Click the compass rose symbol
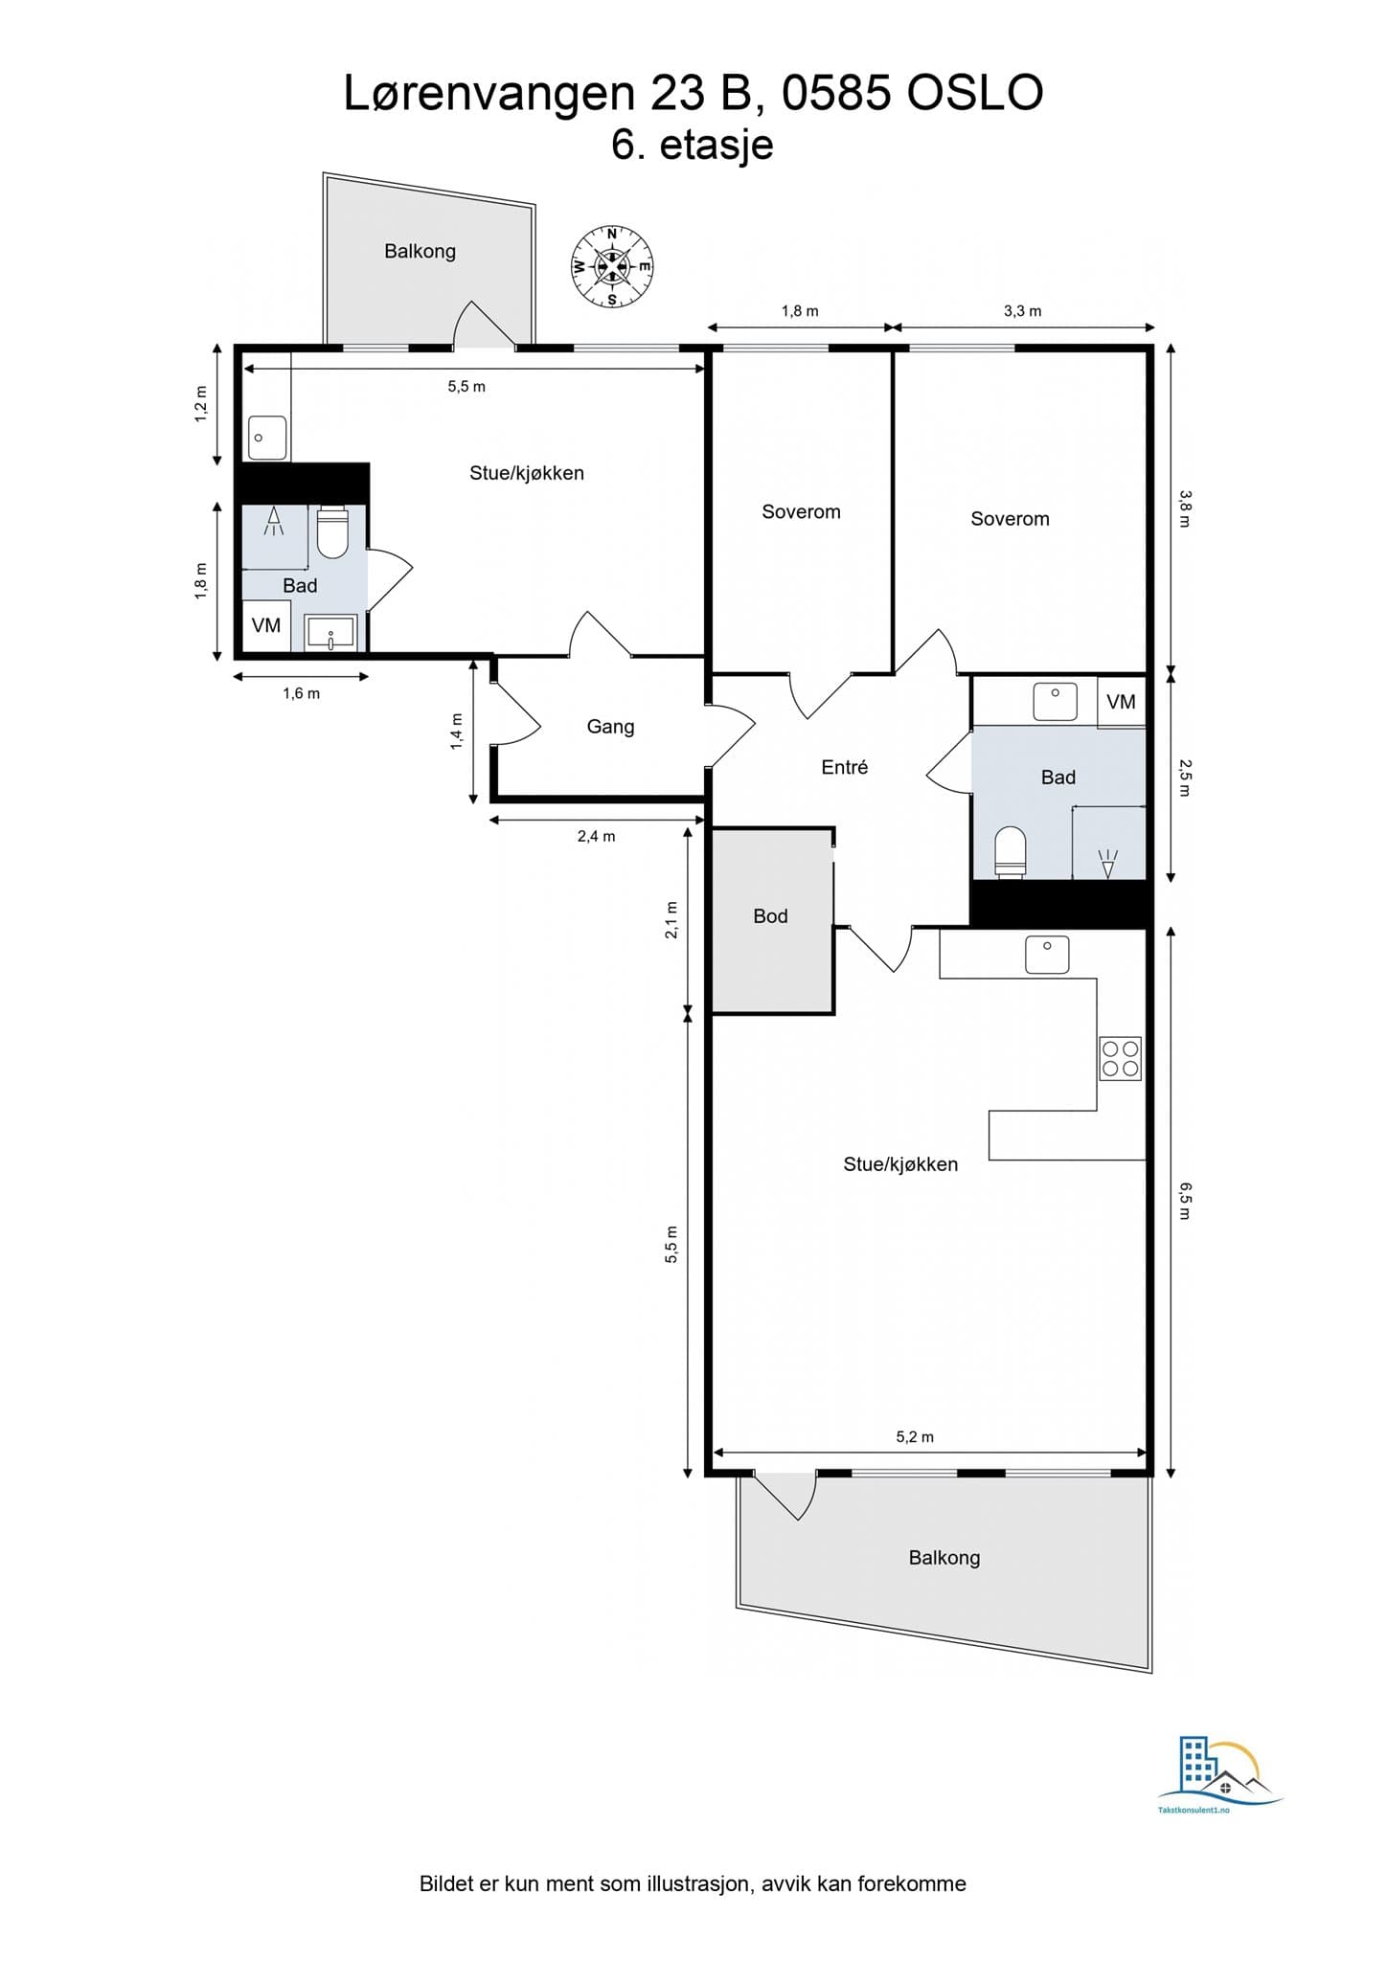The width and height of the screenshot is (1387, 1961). [x=612, y=266]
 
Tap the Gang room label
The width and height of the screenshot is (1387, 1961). [x=610, y=727]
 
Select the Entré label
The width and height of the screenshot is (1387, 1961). [x=844, y=767]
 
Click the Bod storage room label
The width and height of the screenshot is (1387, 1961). [x=770, y=916]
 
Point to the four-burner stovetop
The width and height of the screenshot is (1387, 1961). [x=1120, y=1058]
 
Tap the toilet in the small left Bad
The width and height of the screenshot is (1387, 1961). [x=332, y=532]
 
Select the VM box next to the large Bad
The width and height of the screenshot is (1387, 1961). [x=1121, y=702]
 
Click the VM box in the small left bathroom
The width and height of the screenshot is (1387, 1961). [x=266, y=626]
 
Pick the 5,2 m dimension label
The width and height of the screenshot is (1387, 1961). [x=915, y=1436]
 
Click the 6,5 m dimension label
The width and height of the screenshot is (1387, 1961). [x=1185, y=1200]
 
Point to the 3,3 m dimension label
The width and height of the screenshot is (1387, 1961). [x=1022, y=311]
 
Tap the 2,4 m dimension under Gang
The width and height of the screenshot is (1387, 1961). [x=596, y=836]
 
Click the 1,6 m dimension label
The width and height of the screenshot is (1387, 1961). [x=301, y=693]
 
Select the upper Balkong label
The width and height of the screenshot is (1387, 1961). [x=420, y=251]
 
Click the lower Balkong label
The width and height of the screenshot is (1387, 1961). [x=944, y=1558]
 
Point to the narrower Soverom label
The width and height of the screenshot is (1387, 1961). [x=801, y=512]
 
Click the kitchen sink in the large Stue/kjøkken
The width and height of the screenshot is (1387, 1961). [x=1047, y=955]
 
